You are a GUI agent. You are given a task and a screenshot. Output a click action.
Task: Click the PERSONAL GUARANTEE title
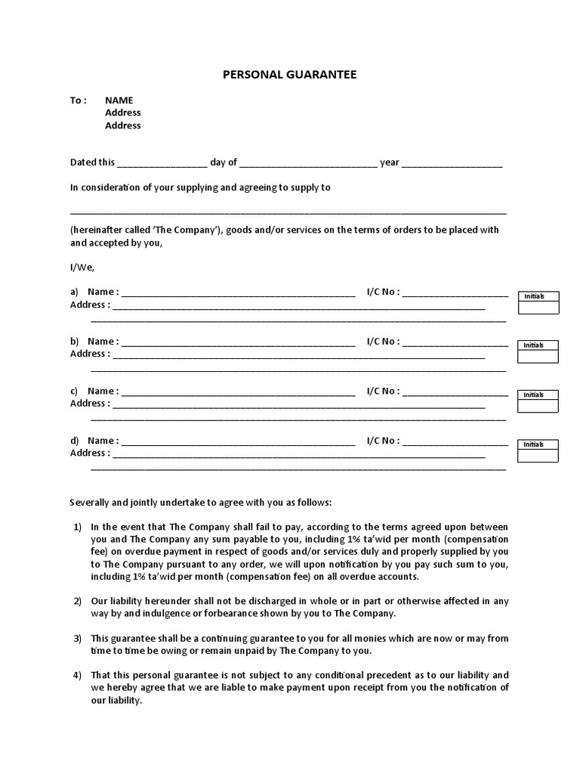[289, 75]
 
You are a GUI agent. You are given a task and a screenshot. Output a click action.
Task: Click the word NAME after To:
[119, 100]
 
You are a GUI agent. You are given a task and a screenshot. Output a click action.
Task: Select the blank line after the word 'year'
[452, 163]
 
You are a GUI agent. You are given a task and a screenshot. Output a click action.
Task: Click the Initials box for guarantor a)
[538, 302]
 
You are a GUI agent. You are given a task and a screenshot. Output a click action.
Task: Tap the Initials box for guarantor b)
[538, 351]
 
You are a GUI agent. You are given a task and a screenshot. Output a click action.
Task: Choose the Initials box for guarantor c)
[538, 401]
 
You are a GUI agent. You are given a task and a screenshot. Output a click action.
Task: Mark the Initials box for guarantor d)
[538, 450]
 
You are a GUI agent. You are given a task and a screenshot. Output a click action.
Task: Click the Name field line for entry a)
[238, 293]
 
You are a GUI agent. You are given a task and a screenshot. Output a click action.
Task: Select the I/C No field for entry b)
[455, 342]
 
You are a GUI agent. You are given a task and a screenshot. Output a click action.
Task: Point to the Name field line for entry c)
[238, 392]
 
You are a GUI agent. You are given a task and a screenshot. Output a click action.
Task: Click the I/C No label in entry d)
[383, 441]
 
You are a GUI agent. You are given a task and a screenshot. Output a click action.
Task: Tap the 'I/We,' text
[82, 267]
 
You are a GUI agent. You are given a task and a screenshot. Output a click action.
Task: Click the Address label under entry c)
[90, 403]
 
